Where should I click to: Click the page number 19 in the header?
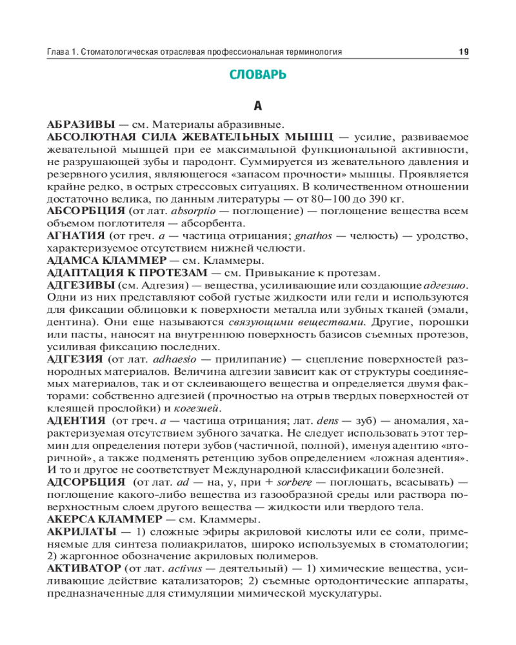462,52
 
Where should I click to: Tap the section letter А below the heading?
258,105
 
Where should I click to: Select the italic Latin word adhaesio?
172,359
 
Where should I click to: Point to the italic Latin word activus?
185,568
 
